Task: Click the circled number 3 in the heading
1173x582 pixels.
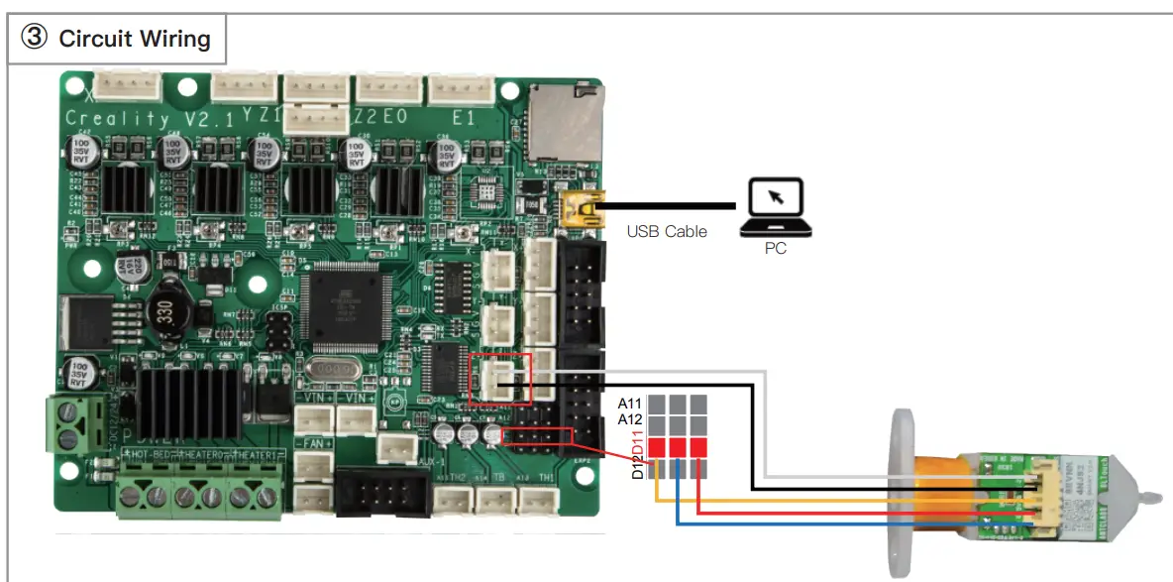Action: click(x=35, y=39)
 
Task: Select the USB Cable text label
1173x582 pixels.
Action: click(x=667, y=232)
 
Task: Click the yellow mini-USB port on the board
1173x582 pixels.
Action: click(x=578, y=209)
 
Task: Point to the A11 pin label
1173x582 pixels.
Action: click(x=631, y=404)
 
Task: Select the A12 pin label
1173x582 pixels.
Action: click(x=631, y=419)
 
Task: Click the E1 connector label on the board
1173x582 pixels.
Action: click(x=463, y=117)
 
